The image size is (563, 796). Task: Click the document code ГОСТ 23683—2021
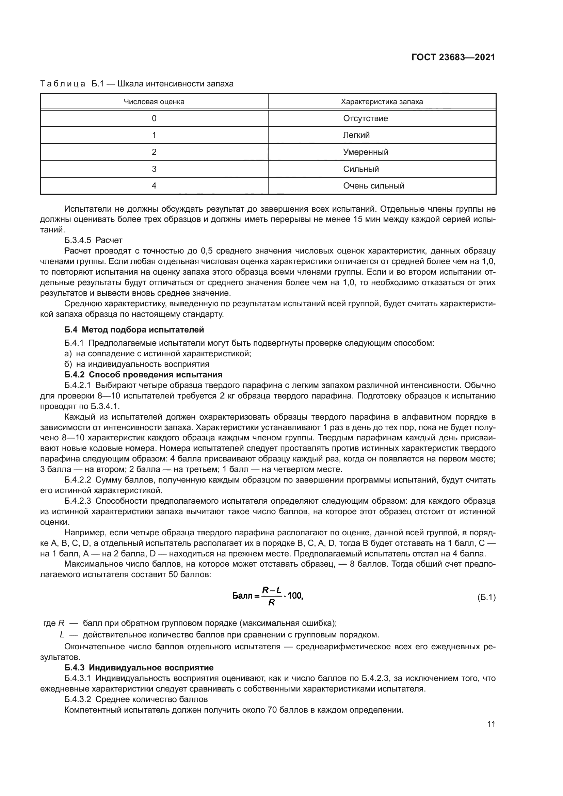[453, 57]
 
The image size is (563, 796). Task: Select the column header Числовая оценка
[154, 102]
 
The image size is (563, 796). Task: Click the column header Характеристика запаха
[382, 102]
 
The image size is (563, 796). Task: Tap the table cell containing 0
[154, 118]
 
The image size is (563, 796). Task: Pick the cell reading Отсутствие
[365, 118]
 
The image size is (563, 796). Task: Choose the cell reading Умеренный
[365, 152]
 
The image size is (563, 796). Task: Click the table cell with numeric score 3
[154, 169]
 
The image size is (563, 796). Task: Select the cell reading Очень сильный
[373, 186]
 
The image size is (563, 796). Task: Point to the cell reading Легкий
[356, 135]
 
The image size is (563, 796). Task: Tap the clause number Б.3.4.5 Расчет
[93, 240]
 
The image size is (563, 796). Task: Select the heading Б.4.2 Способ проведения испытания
[143, 375]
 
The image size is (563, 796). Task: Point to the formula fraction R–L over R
[271, 596]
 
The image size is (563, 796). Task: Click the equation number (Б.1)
[486, 597]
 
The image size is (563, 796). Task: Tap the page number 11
[491, 724]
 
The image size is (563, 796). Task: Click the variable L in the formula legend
[62, 635]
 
